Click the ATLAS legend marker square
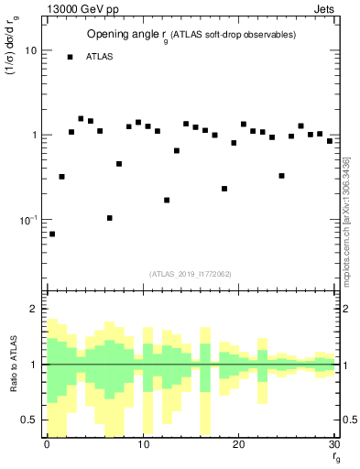pos(70,57)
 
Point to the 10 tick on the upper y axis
pos(30,50)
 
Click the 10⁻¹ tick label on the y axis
pos(27,220)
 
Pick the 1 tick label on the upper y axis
pos(33,136)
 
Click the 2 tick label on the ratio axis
pos(33,309)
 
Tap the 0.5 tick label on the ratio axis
pos(29,420)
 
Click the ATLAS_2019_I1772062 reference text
pos(191,274)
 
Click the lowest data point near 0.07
pos(52,234)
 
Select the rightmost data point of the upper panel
pos(330,141)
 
